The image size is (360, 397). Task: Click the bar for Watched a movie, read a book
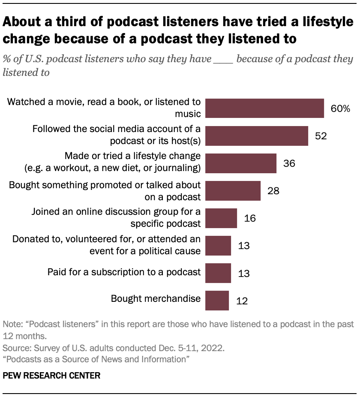(264, 108)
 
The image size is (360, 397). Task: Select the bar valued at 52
(257, 135)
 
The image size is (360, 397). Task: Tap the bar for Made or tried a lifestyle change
(241, 163)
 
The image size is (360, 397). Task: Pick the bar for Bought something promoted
(233, 190)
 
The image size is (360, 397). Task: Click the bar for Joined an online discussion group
(221, 218)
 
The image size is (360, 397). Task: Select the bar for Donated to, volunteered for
(218, 245)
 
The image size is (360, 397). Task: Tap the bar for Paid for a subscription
(218, 273)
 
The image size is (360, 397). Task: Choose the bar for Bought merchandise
(217, 300)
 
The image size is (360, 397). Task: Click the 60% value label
(340, 108)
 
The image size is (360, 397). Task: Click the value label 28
(273, 191)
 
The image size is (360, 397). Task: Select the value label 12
(242, 301)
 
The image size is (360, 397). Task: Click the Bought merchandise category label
(156, 298)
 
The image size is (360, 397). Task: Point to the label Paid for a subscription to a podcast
(124, 271)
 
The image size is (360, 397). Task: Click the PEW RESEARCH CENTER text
(51, 376)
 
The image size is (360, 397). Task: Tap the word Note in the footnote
(11, 324)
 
